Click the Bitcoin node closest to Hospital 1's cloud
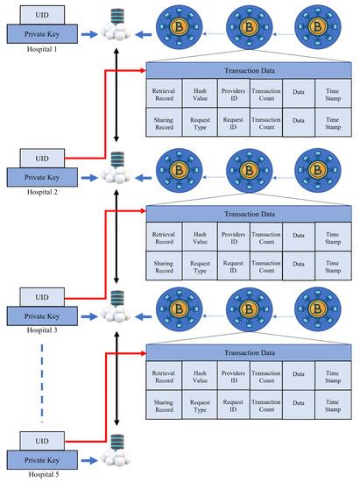pos(180,25)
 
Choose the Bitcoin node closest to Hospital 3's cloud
pos(180,307)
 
